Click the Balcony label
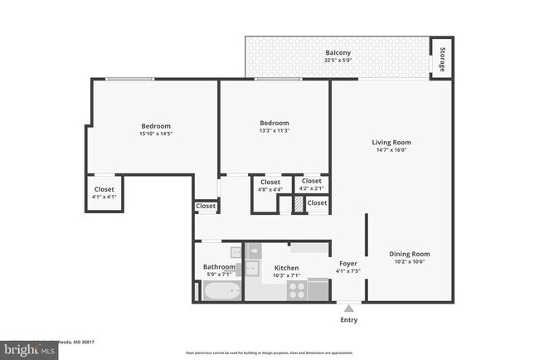tap(337, 53)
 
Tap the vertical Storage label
tap(442, 60)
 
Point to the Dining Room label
tap(410, 254)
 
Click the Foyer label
tap(347, 263)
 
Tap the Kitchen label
tap(286, 268)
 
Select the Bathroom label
tap(219, 266)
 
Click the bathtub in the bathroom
tap(221, 291)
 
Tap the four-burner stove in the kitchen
tap(297, 289)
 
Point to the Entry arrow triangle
tap(348, 308)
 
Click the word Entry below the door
tap(349, 319)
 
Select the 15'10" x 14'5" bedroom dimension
tap(155, 134)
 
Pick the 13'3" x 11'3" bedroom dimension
tap(274, 130)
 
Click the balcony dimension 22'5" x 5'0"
tap(337, 61)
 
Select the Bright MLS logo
tap(30, 350)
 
